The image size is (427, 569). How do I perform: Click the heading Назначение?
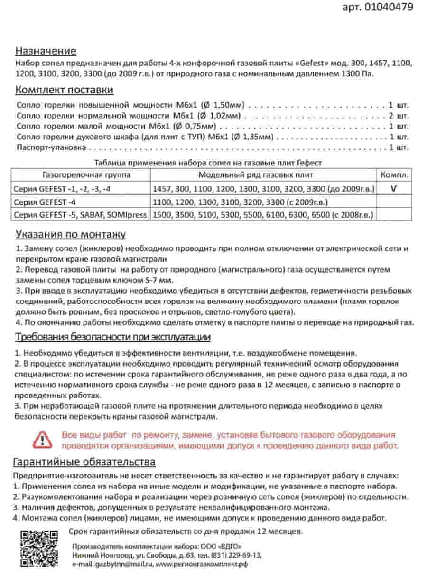pos(46,51)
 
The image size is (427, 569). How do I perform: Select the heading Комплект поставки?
pos(64,90)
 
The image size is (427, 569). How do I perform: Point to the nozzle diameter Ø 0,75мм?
pos(194,126)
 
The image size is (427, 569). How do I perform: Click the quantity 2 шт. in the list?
pos(398,116)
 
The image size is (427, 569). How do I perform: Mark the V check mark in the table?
pos(393,188)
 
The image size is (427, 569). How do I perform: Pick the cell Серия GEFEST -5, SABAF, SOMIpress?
pos(80,215)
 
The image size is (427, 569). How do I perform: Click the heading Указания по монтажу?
pos(70,234)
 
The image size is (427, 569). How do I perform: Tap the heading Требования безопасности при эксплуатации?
pos(113,337)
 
